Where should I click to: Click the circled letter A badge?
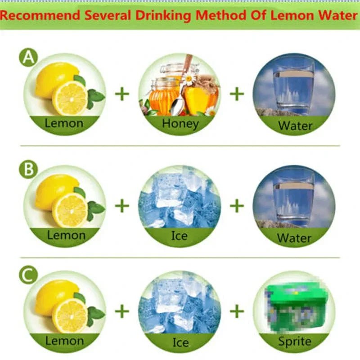pyautogui.click(x=28, y=58)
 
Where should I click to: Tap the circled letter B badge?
pyautogui.click(x=28, y=170)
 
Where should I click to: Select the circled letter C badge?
pyautogui.click(x=28, y=275)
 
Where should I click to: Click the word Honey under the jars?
pyautogui.click(x=180, y=124)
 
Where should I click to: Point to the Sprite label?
pyautogui.click(x=295, y=342)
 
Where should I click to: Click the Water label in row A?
pyautogui.click(x=295, y=126)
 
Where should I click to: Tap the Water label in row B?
pyautogui.click(x=294, y=238)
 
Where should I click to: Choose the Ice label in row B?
pyautogui.click(x=179, y=235)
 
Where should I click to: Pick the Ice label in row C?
pyautogui.click(x=181, y=342)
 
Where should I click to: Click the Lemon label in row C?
pyautogui.click(x=64, y=341)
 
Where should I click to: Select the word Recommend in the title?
pyautogui.click(x=40, y=16)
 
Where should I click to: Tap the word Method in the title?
pyautogui.click(x=221, y=15)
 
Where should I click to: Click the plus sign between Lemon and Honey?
pyautogui.click(x=122, y=94)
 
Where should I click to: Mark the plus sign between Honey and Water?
pyautogui.click(x=237, y=94)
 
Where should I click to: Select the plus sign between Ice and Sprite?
pyautogui.click(x=237, y=311)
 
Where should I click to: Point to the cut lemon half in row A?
pyautogui.click(x=70, y=98)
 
